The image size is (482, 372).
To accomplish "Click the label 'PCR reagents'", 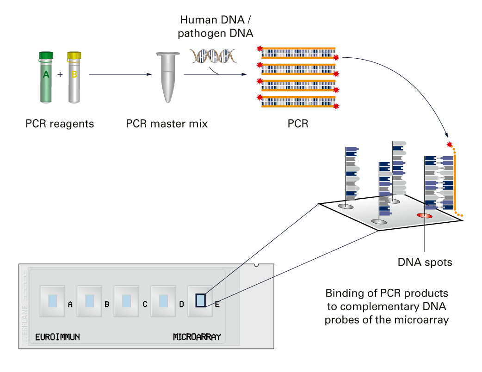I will tap(60, 124).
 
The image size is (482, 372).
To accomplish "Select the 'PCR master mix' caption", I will tap(167, 124).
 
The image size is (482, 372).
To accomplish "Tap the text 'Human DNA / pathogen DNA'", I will tap(217, 26).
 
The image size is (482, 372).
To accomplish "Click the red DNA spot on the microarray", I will tap(424, 215).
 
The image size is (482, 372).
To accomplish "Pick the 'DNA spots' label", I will tap(425, 262).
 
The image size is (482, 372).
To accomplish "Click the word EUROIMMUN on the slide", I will tap(58, 337).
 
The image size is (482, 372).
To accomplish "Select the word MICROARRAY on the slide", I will tap(197, 337).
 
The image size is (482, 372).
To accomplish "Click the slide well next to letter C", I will tap(126, 301).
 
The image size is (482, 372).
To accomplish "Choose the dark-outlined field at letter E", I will tap(200, 301).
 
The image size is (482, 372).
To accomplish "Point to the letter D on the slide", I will tap(182, 304).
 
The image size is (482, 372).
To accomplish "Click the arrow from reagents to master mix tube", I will tap(120, 74).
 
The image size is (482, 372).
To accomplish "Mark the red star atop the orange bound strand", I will tap(449, 145).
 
